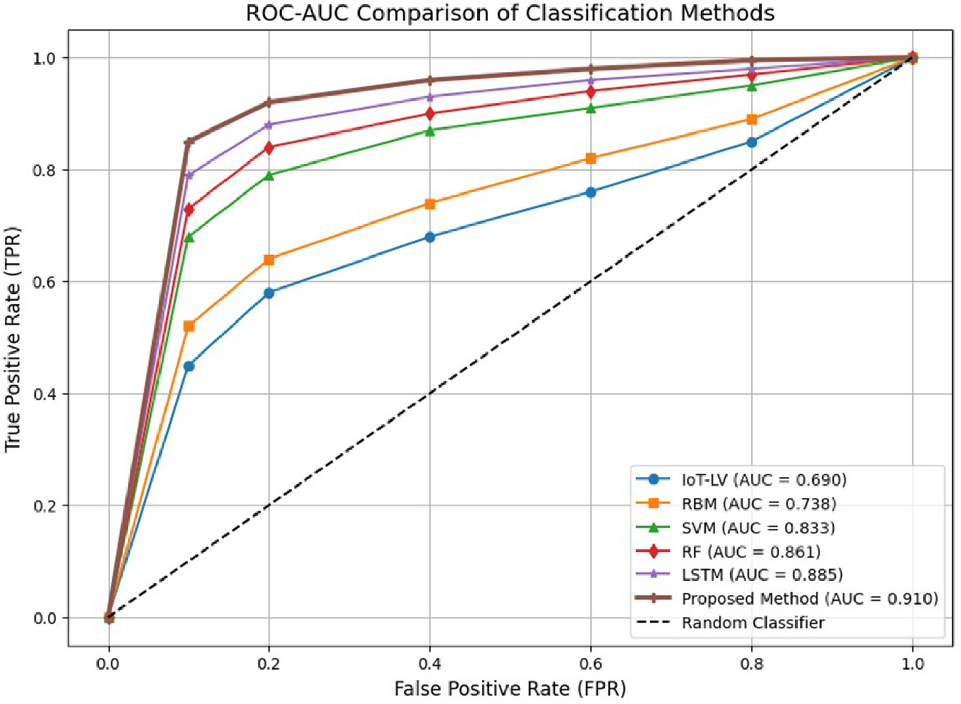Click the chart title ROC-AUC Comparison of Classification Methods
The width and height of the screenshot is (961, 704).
(510, 13)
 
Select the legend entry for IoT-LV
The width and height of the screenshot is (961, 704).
(741, 480)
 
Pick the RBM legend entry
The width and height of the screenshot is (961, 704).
(736, 504)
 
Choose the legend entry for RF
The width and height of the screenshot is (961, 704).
(728, 552)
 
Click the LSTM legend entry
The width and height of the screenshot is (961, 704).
(739, 575)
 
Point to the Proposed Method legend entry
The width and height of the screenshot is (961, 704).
(787, 599)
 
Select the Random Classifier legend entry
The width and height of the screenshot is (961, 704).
(730, 623)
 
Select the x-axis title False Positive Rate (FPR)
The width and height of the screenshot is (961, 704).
(510, 689)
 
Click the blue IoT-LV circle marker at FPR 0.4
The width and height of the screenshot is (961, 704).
(430, 237)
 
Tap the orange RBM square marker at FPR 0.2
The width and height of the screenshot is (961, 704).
(269, 260)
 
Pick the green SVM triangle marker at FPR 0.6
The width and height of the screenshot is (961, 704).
(591, 108)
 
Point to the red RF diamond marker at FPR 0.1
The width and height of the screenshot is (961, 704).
(189, 210)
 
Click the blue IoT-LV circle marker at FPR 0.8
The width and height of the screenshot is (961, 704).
(752, 142)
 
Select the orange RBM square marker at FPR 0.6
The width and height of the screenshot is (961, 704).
(591, 159)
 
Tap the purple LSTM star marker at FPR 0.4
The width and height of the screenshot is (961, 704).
(430, 97)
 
